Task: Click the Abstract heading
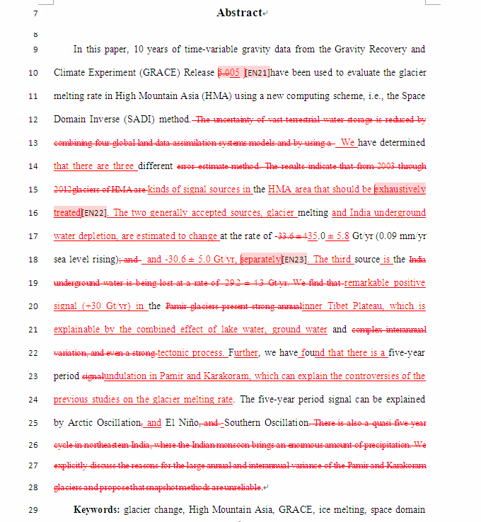(239, 13)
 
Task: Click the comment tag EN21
(256, 73)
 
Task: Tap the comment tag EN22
(94, 213)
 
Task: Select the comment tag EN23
(294, 260)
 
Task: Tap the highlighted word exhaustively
(400, 190)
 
